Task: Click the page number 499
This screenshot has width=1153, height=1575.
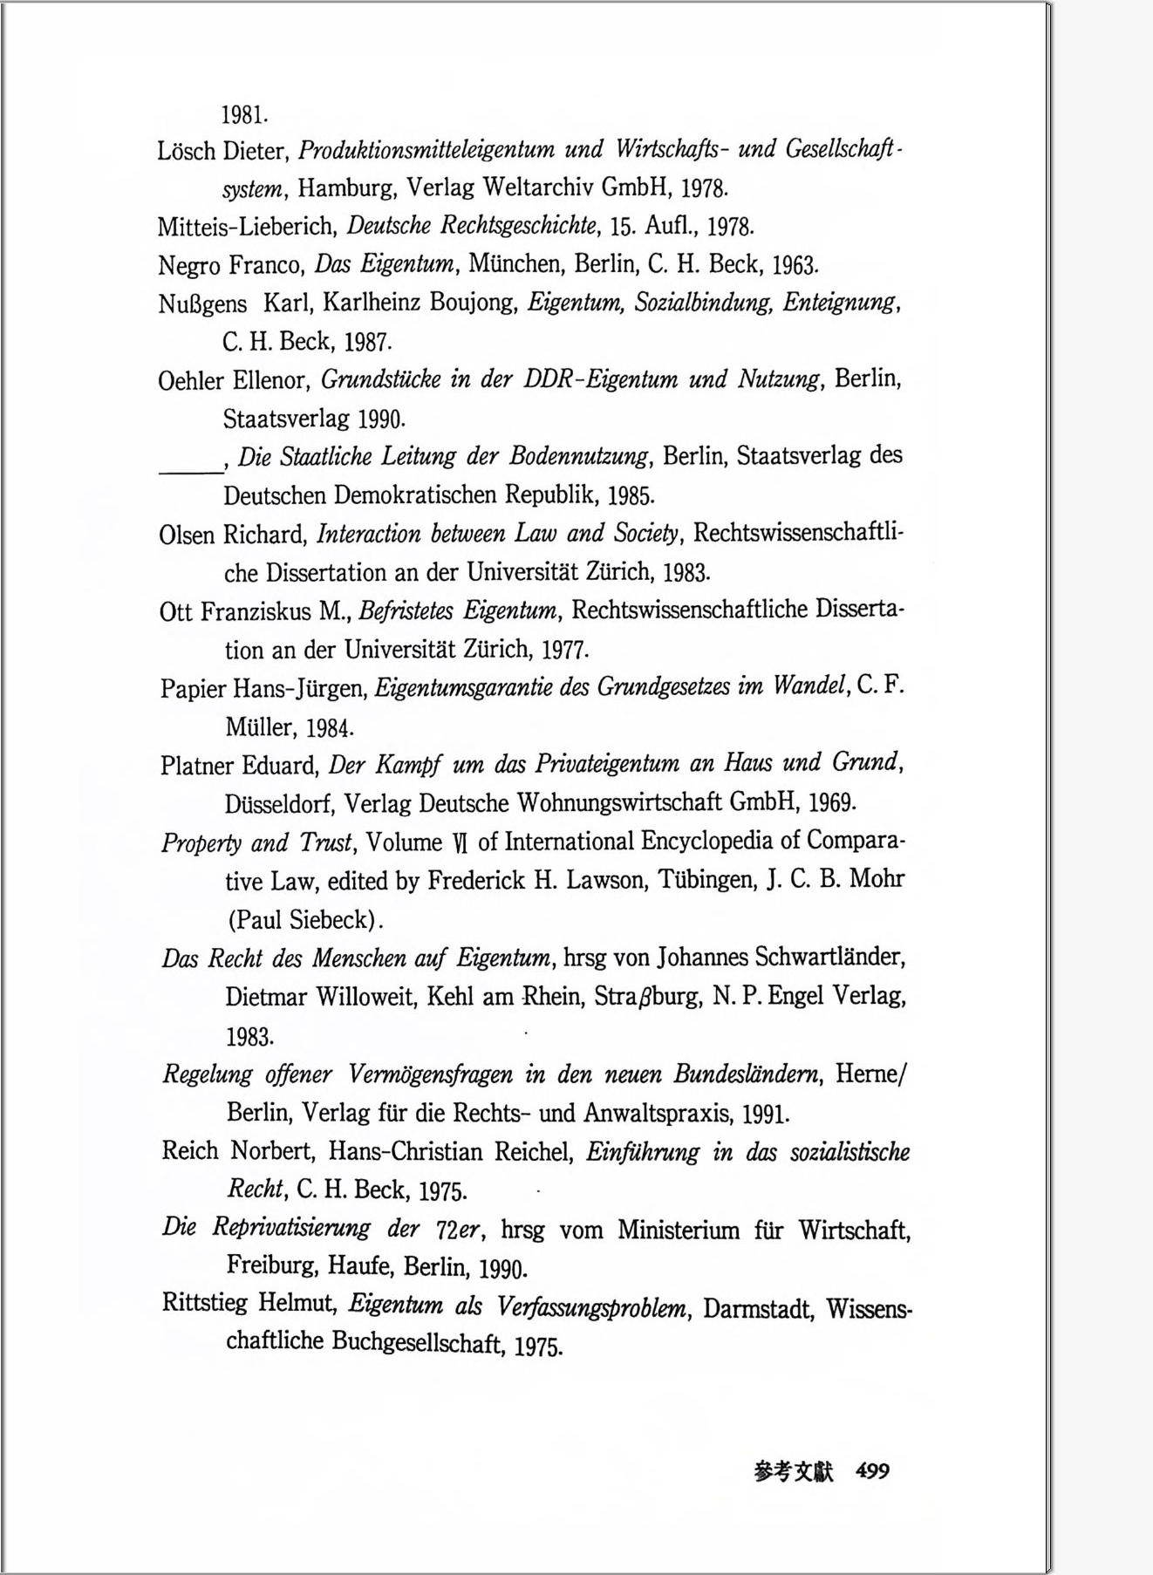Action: point(872,1471)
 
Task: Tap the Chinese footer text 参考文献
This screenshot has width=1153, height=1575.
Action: point(794,1472)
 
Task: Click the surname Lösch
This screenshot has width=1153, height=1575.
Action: point(186,151)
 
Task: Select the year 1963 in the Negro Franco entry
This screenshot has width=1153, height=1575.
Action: point(795,264)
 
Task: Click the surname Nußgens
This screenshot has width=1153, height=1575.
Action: point(202,304)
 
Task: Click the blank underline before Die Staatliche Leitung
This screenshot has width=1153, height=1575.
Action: point(190,467)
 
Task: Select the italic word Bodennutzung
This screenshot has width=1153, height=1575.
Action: point(579,456)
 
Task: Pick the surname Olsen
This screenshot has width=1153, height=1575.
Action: point(188,534)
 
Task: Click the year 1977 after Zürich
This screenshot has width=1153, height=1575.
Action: point(565,650)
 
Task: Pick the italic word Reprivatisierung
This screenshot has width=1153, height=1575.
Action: point(291,1229)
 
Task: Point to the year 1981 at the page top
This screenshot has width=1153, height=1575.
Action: point(244,114)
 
